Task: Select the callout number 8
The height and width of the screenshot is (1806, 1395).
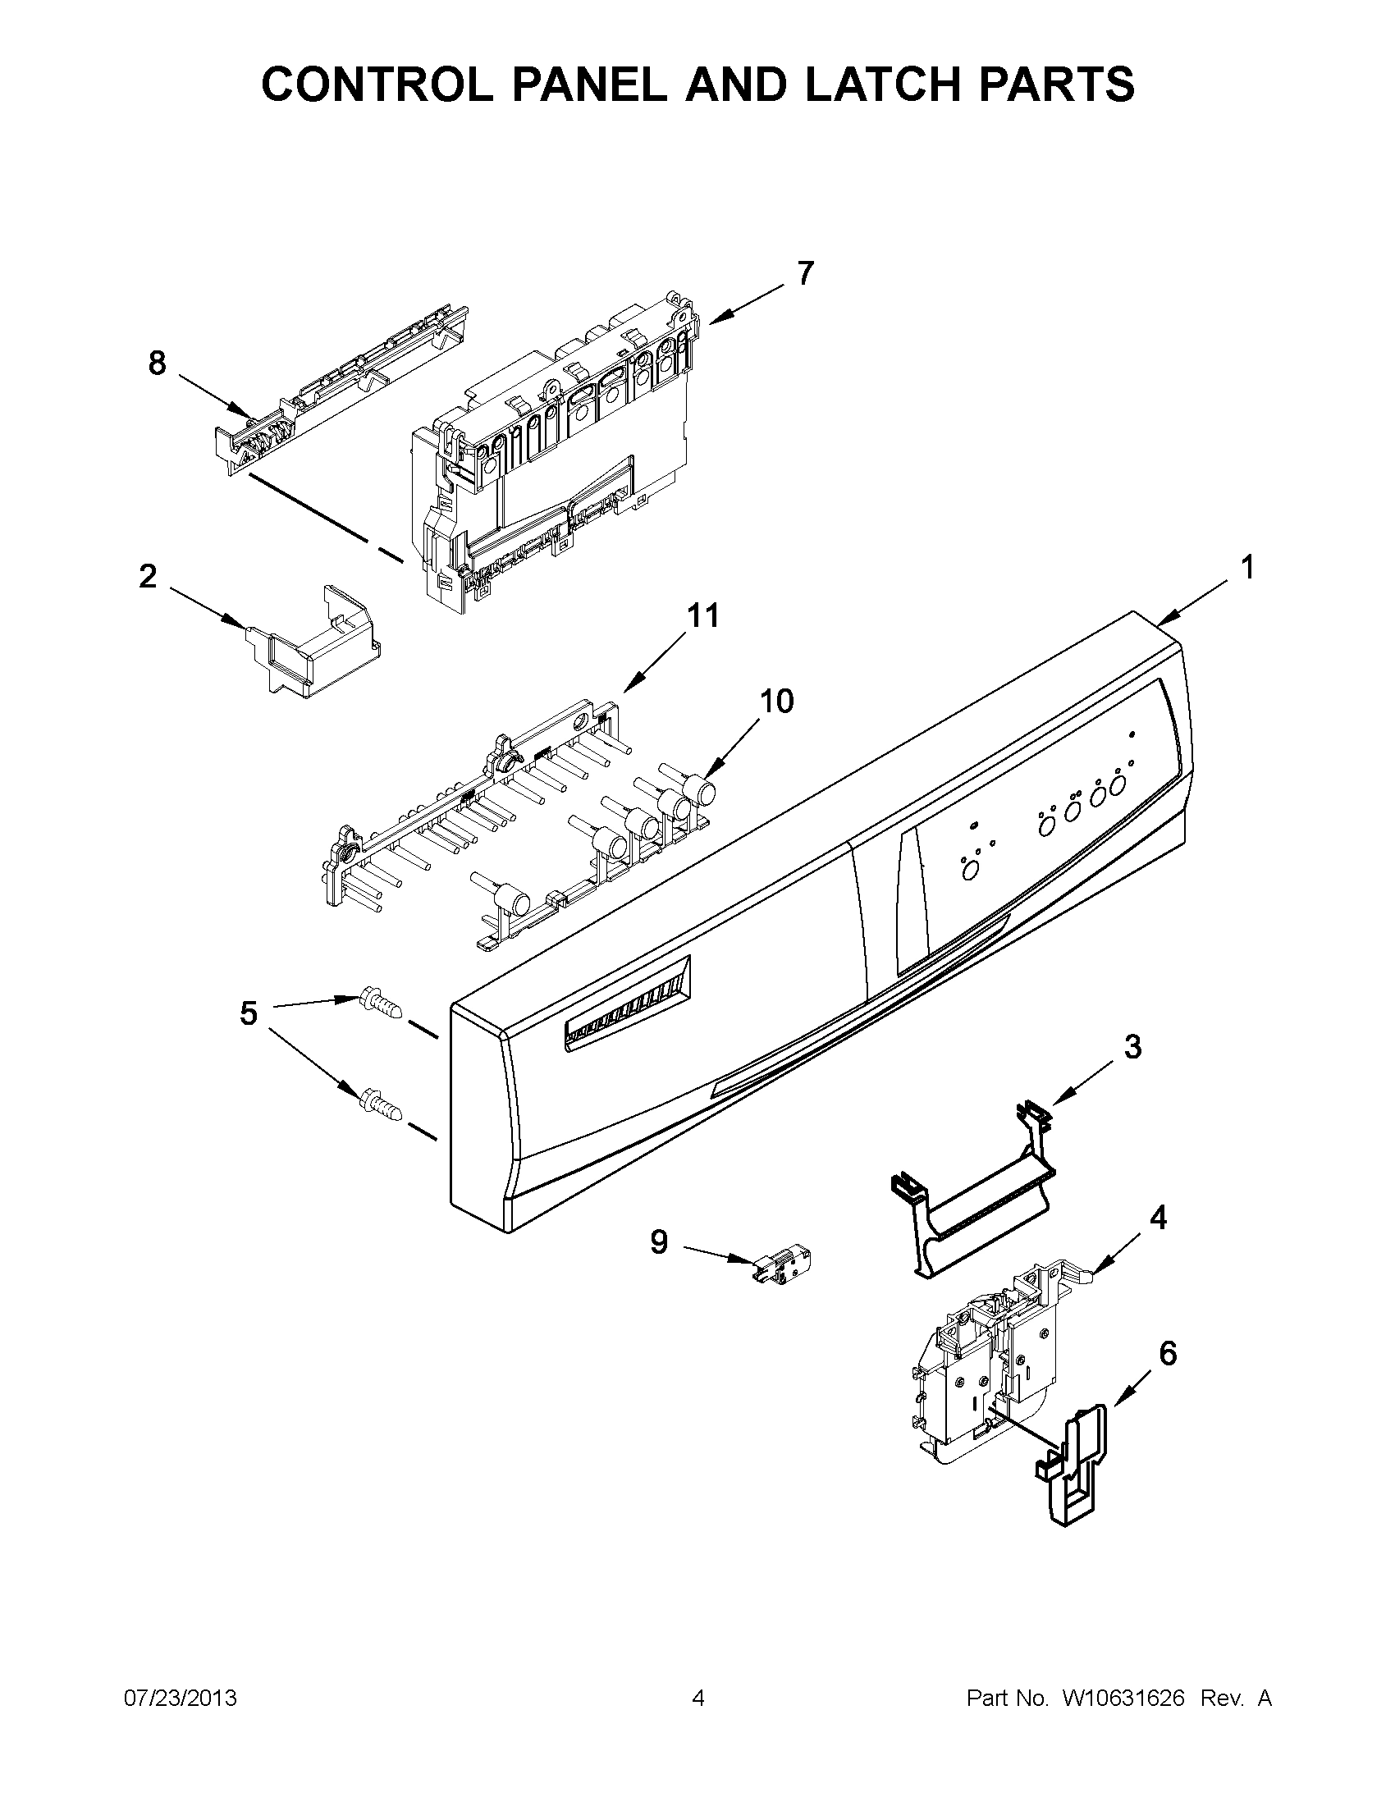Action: (157, 363)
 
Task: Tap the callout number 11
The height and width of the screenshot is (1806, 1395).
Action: (703, 615)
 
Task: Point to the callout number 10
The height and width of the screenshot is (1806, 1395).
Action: (776, 701)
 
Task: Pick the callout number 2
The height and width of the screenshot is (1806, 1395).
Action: (147, 576)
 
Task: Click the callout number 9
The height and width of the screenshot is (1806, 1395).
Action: (658, 1264)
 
